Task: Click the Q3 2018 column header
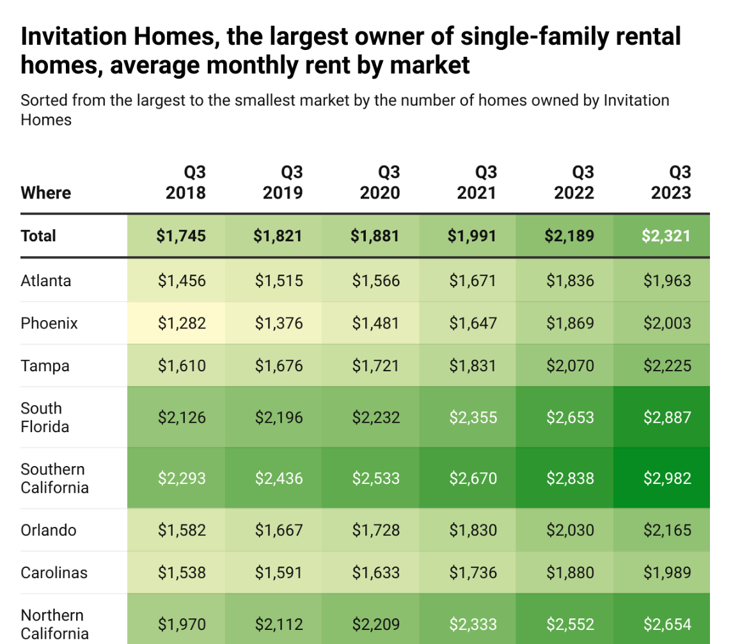click(185, 182)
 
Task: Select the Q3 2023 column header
click(671, 182)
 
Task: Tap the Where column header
click(46, 193)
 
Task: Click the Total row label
click(38, 236)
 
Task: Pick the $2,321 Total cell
click(666, 236)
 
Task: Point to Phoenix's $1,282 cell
click(182, 323)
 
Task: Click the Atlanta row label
click(46, 280)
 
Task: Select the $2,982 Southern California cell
click(666, 478)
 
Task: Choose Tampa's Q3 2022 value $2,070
click(570, 366)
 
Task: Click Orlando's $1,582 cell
click(182, 530)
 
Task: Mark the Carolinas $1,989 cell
click(666, 573)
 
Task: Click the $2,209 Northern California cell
click(376, 624)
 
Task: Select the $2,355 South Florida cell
click(473, 417)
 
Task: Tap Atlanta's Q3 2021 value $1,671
click(473, 280)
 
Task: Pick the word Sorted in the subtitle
click(42, 101)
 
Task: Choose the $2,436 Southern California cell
click(279, 478)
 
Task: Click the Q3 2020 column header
click(380, 182)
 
